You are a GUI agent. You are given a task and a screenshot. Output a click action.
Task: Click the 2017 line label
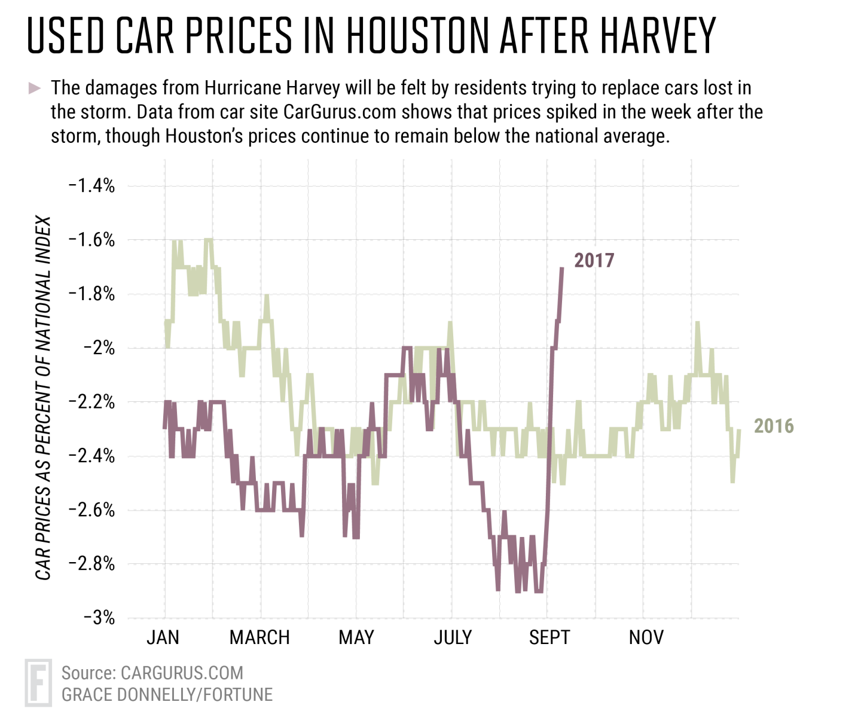pyautogui.click(x=594, y=261)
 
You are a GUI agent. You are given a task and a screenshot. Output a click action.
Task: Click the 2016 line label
pyautogui.click(x=774, y=426)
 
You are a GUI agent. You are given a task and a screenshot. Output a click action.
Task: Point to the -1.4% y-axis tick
pyautogui.click(x=91, y=185)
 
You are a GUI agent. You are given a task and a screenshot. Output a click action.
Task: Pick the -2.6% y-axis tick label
pyautogui.click(x=91, y=509)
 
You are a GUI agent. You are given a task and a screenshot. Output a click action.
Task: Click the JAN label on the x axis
pyautogui.click(x=163, y=637)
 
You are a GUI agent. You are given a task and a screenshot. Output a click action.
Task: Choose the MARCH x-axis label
pyautogui.click(x=259, y=637)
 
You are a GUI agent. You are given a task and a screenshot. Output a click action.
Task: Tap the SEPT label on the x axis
pyautogui.click(x=549, y=637)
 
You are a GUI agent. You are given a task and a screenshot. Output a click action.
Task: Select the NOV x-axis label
pyautogui.click(x=646, y=637)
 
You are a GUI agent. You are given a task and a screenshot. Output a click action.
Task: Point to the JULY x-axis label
pyautogui.click(x=453, y=637)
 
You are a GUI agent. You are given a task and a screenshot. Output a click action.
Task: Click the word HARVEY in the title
pyautogui.click(x=658, y=36)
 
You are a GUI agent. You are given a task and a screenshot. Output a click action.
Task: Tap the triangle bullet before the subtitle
pyautogui.click(x=35, y=89)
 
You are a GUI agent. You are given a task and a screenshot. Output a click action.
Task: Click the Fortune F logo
pyautogui.click(x=38, y=682)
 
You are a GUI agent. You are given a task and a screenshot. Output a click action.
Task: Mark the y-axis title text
pyautogui.click(x=43, y=398)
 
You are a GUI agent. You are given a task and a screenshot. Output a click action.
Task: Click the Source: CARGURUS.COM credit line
pyautogui.click(x=152, y=673)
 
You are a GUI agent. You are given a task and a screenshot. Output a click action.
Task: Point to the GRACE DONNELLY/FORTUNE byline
pyautogui.click(x=167, y=694)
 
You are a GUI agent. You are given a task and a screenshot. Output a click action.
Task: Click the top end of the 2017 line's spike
pyautogui.click(x=561, y=269)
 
